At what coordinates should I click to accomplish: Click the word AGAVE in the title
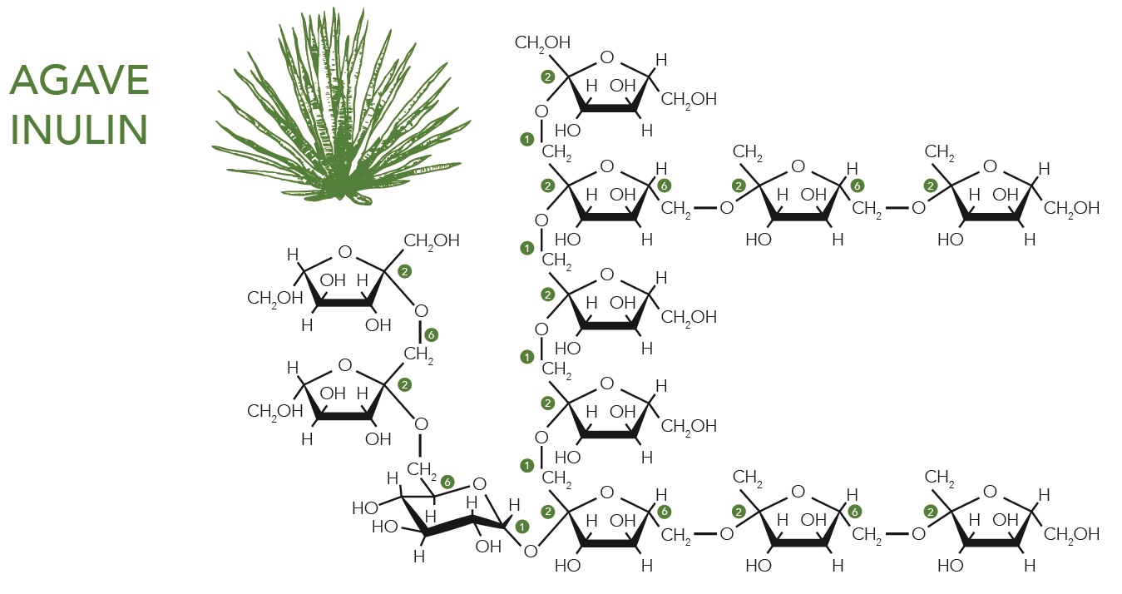pyautogui.click(x=80, y=82)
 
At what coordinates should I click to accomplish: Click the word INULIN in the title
pyautogui.click(x=80, y=130)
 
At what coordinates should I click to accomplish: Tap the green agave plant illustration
pyautogui.click(x=337, y=108)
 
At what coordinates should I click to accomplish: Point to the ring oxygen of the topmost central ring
pyautogui.click(x=606, y=57)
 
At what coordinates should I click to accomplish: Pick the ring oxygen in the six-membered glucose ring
pyautogui.click(x=478, y=484)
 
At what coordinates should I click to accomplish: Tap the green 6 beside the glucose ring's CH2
pyautogui.click(x=447, y=482)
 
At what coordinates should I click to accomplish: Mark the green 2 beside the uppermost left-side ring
pyautogui.click(x=405, y=271)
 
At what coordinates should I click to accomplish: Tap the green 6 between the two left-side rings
pyautogui.click(x=430, y=335)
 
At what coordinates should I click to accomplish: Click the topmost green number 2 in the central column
pyautogui.click(x=547, y=77)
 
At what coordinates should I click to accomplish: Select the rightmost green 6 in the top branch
pyautogui.click(x=858, y=186)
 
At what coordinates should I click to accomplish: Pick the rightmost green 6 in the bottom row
pyautogui.click(x=858, y=512)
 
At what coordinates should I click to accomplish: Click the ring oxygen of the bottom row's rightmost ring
pyautogui.click(x=989, y=493)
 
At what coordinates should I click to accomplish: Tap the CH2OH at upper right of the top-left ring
pyautogui.click(x=432, y=241)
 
